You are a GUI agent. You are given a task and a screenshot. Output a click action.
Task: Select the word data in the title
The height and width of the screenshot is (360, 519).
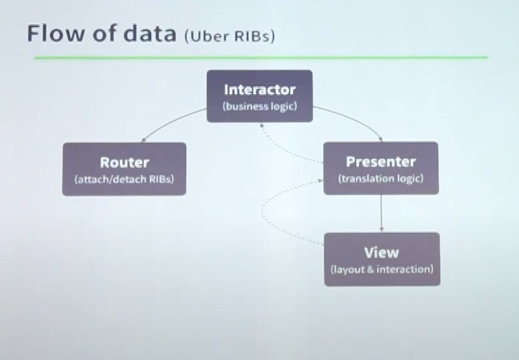pos(150,33)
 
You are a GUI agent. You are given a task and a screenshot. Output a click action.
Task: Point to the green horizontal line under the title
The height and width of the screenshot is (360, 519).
pos(261,58)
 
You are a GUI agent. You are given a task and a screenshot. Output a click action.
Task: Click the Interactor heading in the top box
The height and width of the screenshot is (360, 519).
pos(260,90)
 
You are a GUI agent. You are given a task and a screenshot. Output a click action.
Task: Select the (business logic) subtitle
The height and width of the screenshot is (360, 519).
pos(260,107)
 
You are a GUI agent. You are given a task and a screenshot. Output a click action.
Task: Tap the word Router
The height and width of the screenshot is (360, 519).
pos(125,162)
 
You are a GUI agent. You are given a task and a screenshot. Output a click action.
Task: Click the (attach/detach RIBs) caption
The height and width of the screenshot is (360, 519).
pos(124,179)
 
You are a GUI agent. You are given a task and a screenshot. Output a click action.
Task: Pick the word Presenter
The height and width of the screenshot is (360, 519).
pos(381,162)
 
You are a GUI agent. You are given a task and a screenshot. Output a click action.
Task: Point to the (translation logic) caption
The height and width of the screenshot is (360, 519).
pos(381,179)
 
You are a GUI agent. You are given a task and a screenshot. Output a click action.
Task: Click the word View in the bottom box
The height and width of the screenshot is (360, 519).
pos(382,253)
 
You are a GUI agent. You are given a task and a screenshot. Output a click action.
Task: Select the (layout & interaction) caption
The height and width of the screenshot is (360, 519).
pos(382,270)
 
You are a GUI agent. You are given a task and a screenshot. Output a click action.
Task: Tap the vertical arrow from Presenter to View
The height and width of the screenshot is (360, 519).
pos(381,213)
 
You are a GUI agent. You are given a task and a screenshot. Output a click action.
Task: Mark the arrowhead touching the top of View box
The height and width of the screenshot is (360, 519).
pos(382,229)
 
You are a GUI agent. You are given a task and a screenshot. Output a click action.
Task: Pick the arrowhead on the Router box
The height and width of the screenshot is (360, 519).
pos(143,140)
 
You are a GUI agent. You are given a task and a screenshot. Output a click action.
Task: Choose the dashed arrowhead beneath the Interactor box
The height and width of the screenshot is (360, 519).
pos(262,126)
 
